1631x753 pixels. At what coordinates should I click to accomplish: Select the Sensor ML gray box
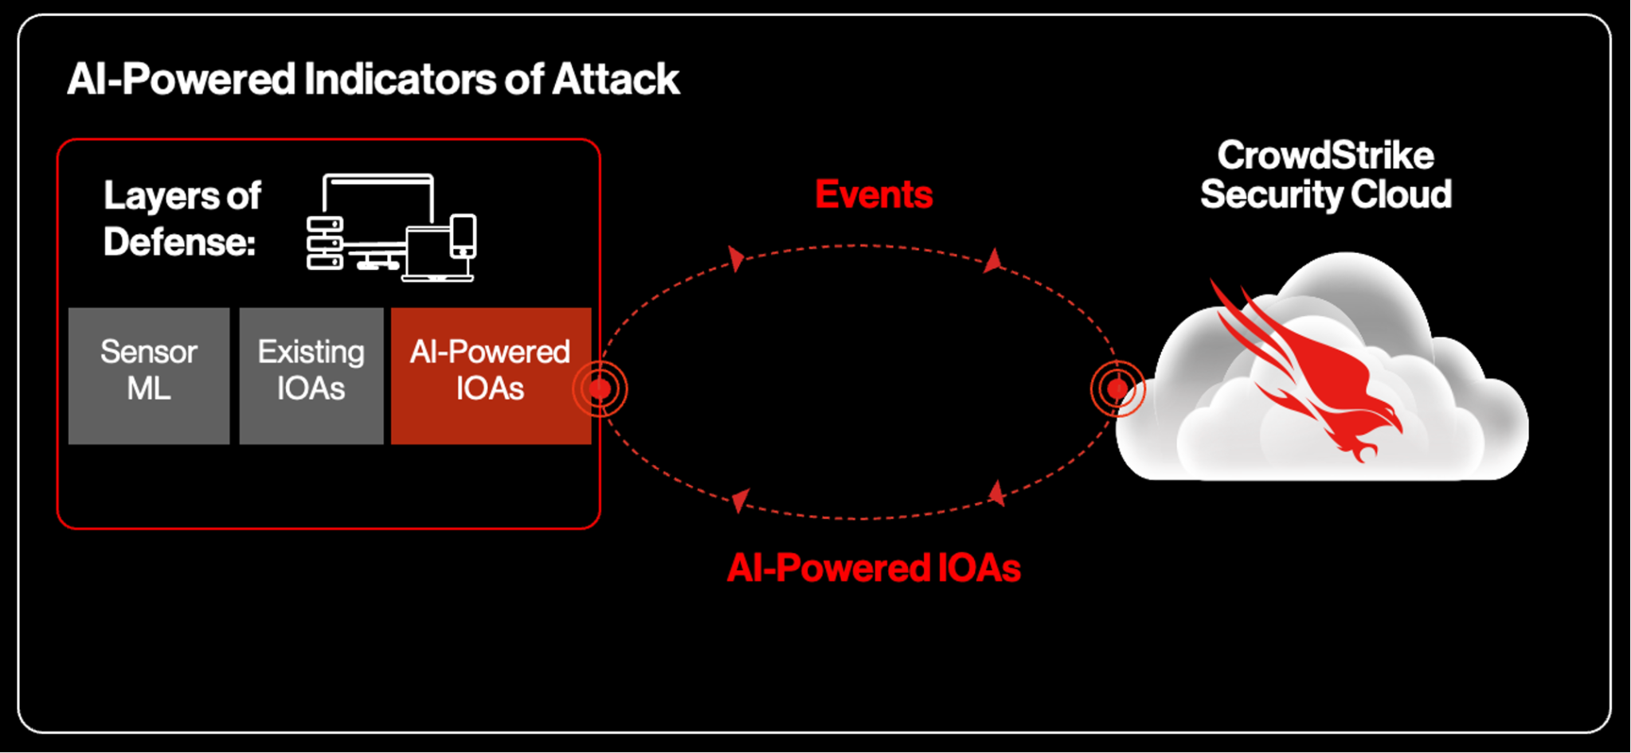click(x=149, y=375)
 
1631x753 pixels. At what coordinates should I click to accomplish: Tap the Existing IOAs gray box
click(x=311, y=375)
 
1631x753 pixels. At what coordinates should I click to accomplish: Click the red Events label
click(x=874, y=195)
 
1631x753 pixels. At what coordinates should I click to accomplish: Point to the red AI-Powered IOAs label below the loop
click(x=874, y=568)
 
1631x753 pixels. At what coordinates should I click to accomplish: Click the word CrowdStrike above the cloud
click(x=1325, y=156)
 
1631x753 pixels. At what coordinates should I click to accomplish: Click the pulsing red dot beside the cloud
click(x=1117, y=388)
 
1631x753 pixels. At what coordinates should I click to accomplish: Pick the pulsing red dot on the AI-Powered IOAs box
click(x=600, y=388)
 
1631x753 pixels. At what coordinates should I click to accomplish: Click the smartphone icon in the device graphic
click(x=463, y=236)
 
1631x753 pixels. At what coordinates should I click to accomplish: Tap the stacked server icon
click(x=325, y=244)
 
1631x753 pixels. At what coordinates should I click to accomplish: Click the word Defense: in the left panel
click(x=179, y=242)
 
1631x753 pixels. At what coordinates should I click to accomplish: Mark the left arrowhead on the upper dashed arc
click(x=737, y=258)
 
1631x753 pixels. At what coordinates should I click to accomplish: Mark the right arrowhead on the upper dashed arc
click(x=993, y=260)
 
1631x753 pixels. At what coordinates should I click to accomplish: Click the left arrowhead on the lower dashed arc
click(x=741, y=500)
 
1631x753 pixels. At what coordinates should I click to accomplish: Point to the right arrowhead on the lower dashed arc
click(x=996, y=494)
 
